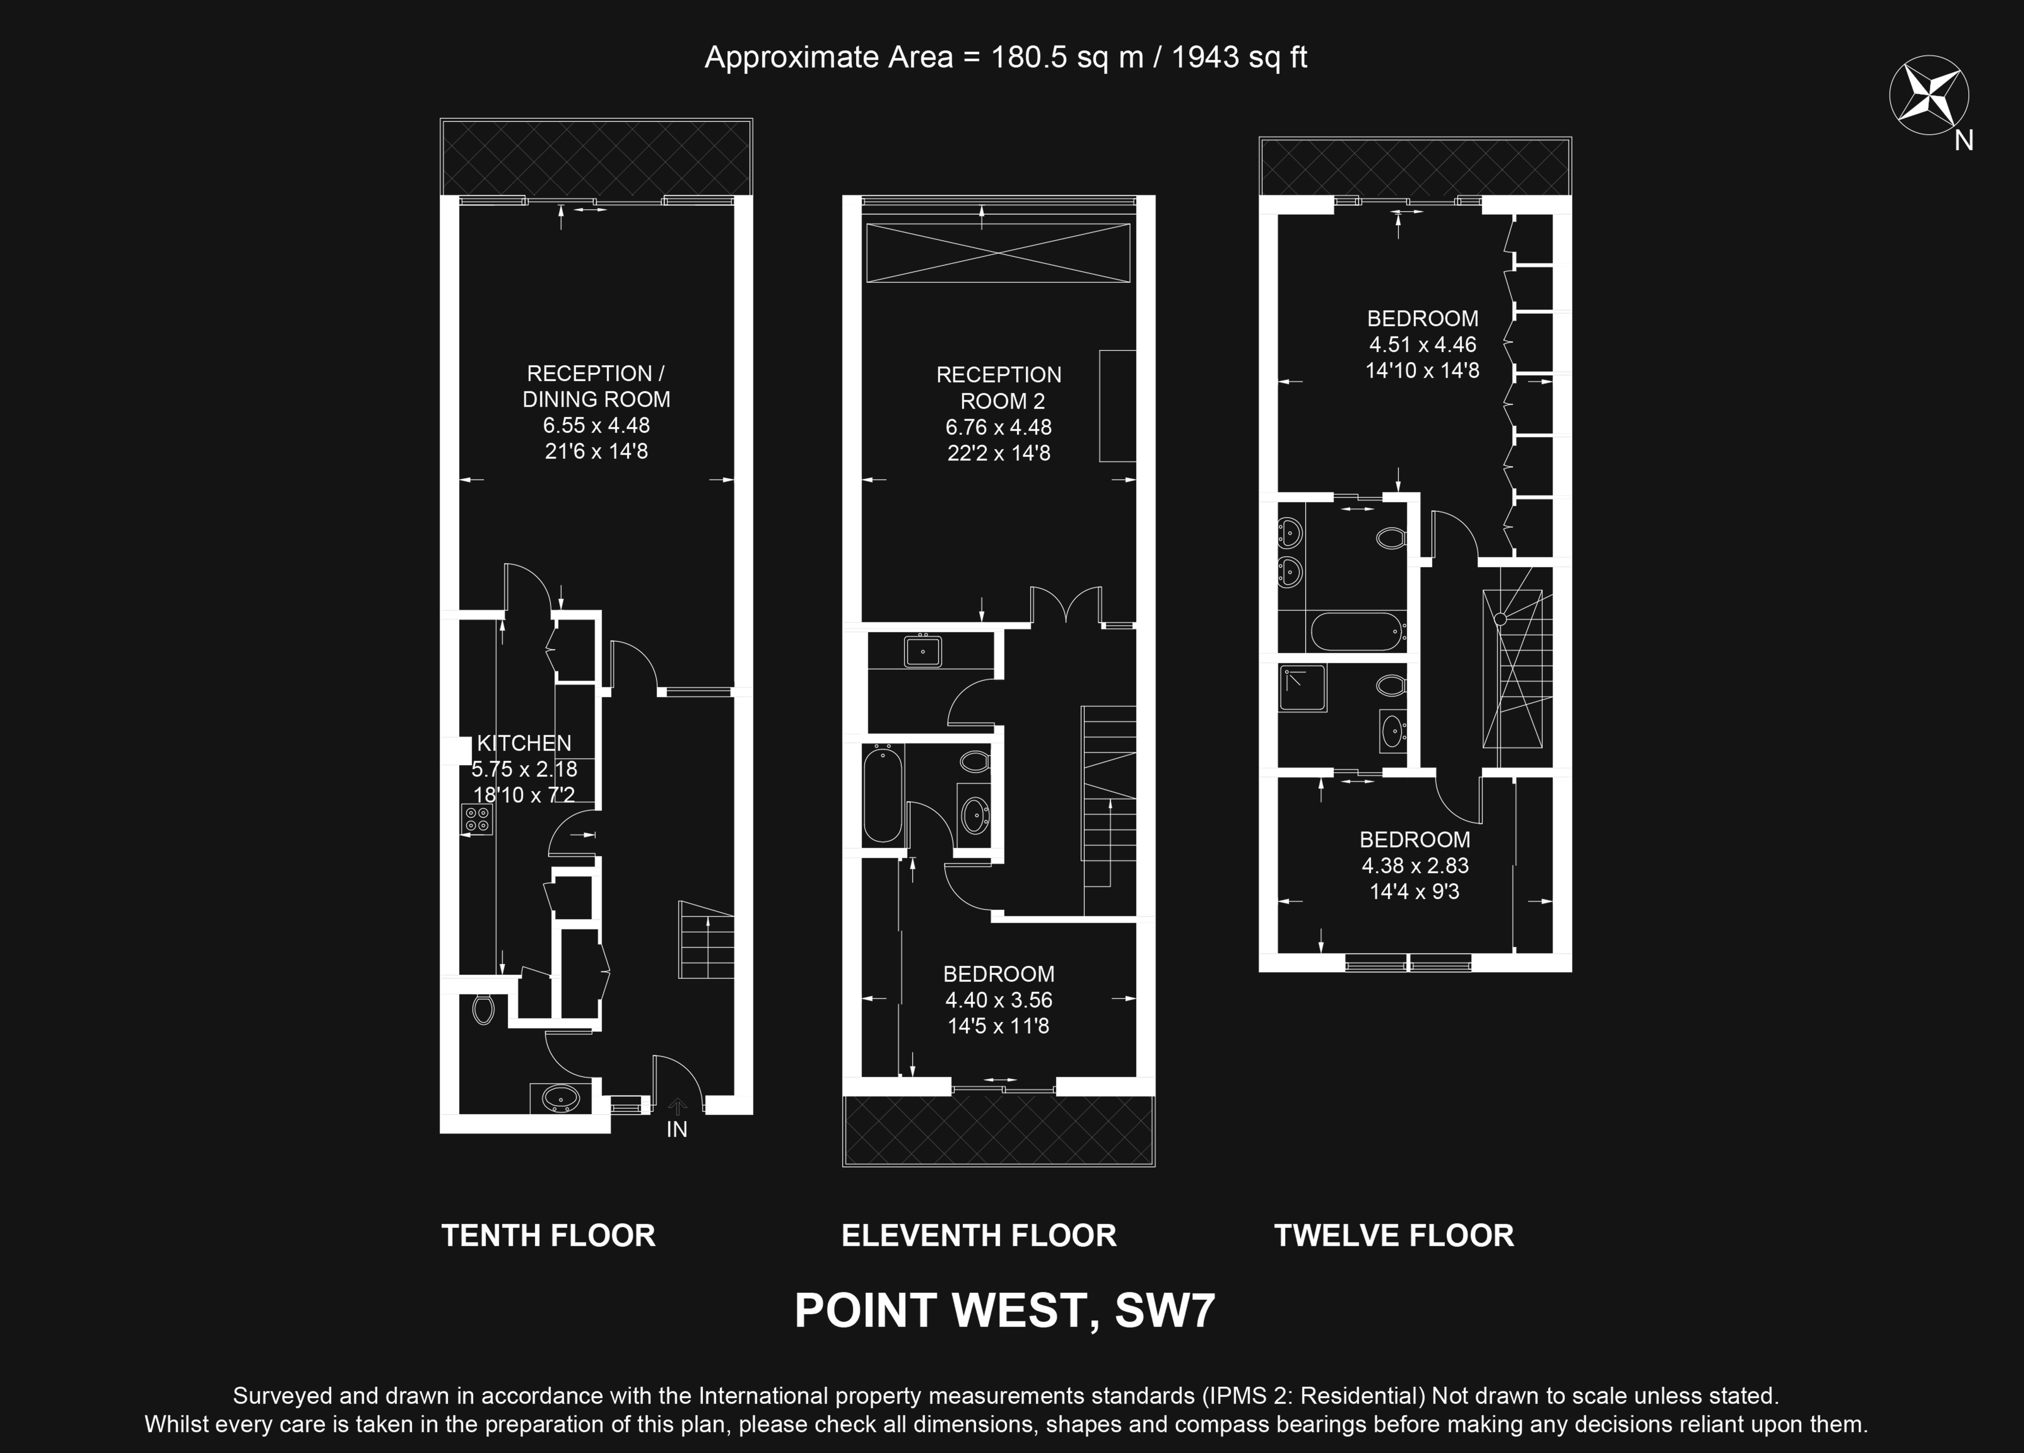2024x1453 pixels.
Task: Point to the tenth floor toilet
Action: (x=483, y=1009)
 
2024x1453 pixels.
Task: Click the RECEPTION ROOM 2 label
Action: (x=999, y=387)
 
